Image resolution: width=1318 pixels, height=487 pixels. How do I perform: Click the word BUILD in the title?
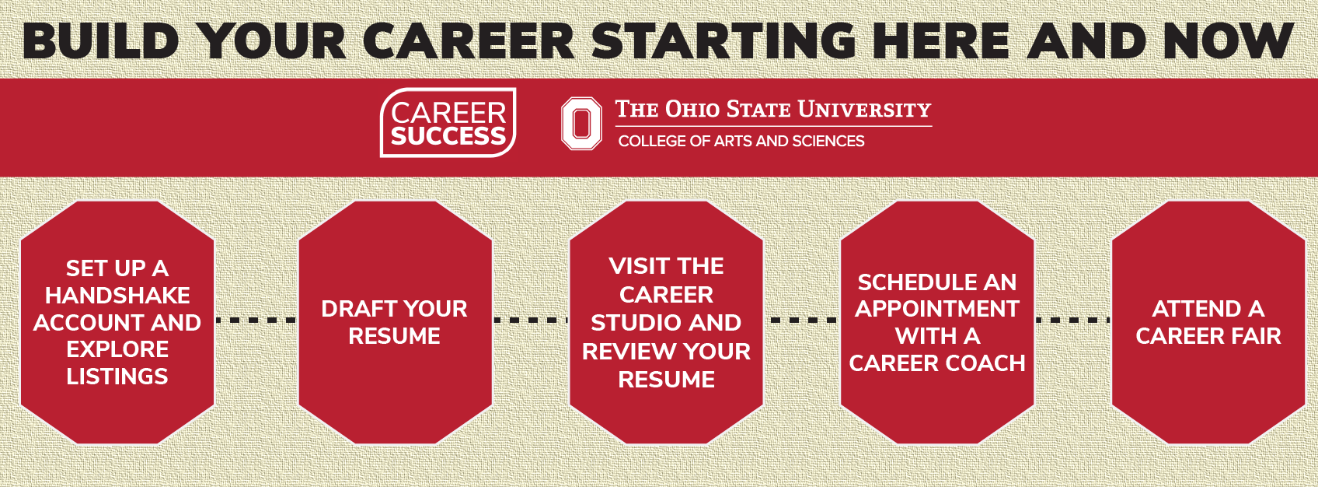point(100,40)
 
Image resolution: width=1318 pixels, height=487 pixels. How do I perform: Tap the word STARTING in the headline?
point(724,40)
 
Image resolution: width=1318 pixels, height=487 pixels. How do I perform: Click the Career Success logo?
point(448,122)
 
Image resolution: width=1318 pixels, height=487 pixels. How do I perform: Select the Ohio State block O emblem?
point(581,123)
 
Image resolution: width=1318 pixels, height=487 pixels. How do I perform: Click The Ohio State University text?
point(773,110)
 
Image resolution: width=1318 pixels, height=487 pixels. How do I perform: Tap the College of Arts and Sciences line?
point(741,141)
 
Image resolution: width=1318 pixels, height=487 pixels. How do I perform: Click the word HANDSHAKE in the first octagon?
point(117,296)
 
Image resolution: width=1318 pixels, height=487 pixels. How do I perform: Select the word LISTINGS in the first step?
point(117,377)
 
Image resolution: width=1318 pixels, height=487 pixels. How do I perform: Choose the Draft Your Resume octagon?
point(396,322)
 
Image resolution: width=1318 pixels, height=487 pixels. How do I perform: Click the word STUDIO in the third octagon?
point(631,323)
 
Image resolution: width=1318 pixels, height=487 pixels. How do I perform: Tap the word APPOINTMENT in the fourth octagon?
point(937,309)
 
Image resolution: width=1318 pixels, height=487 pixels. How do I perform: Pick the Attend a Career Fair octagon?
point(1208,322)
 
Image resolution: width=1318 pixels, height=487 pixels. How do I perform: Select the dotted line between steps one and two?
point(256,321)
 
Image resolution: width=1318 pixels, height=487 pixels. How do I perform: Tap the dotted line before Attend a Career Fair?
point(1072,321)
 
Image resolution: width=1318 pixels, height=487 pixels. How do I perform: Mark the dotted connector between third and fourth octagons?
point(802,321)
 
